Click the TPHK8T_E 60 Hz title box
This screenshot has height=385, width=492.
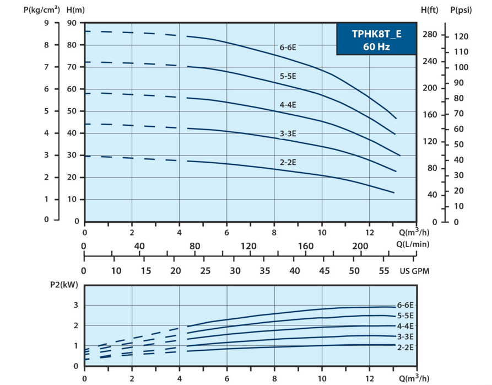tap(376, 40)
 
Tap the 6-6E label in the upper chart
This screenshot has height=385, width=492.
tap(288, 47)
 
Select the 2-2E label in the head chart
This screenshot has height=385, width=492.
tap(288, 162)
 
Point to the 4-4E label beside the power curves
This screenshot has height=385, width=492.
tap(405, 326)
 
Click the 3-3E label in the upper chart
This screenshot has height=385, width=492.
tap(288, 133)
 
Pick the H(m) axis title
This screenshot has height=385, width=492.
tap(75, 9)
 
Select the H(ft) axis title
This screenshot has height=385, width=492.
tap(429, 9)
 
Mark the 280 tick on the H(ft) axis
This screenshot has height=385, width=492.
tap(429, 35)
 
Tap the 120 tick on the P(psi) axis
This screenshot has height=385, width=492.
tap(461, 36)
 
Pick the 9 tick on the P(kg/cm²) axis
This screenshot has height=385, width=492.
tap(46, 23)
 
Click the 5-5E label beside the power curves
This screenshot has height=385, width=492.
tap(405, 316)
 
